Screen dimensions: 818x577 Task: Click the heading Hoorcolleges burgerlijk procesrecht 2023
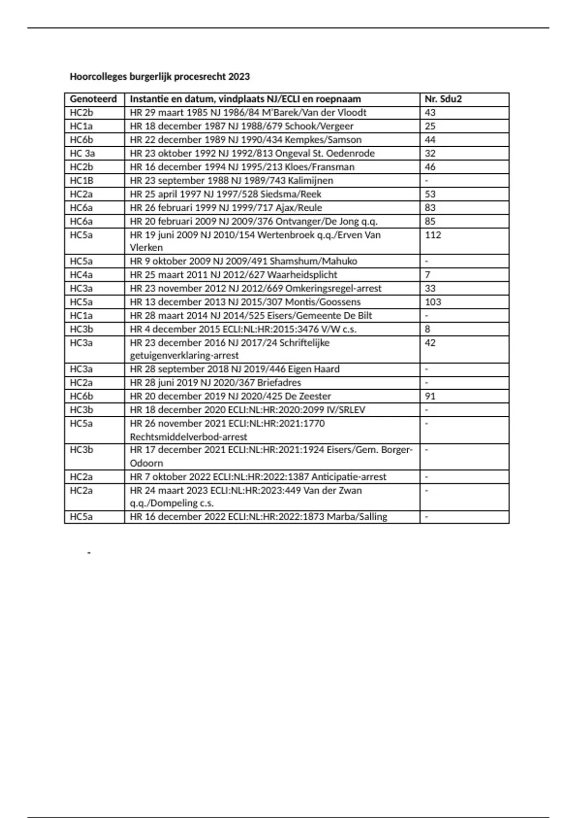coord(160,77)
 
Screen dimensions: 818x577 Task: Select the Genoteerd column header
coord(93,99)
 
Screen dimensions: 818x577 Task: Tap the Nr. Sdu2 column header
coord(443,99)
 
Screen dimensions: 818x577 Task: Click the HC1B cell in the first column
coord(82,180)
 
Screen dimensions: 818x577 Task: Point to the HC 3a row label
coord(82,153)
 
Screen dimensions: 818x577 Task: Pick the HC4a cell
coord(81,275)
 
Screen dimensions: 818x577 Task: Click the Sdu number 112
coord(433,235)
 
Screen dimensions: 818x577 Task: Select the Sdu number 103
coord(433,302)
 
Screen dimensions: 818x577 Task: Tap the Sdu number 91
coord(430,396)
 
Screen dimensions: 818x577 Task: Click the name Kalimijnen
coord(310,180)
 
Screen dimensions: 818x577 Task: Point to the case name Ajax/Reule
coord(299,208)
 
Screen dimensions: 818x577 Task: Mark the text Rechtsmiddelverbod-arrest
coord(188,437)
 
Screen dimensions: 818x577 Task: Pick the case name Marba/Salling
coord(357,517)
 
